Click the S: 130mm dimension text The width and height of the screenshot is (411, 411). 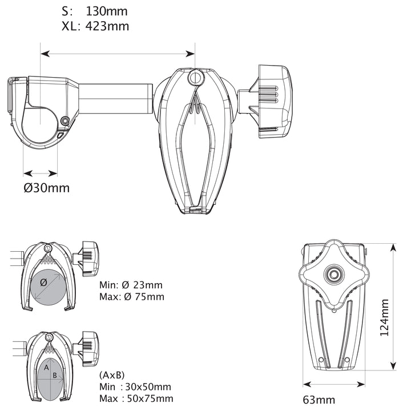(x=94, y=11)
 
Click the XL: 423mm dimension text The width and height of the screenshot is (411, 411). (x=95, y=26)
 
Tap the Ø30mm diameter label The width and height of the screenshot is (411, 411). (x=47, y=188)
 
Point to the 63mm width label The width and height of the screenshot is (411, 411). (x=319, y=400)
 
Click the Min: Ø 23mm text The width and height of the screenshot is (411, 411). (x=131, y=285)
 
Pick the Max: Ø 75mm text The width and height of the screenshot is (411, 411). (x=131, y=296)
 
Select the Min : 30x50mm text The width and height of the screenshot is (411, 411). (x=135, y=387)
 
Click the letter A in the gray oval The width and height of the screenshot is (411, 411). (x=46, y=368)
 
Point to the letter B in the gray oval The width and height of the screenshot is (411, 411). (x=55, y=375)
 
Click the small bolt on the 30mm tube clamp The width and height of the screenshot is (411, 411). (x=66, y=120)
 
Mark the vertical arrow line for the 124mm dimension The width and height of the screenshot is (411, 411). (x=393, y=307)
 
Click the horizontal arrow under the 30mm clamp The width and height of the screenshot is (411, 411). (x=41, y=172)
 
